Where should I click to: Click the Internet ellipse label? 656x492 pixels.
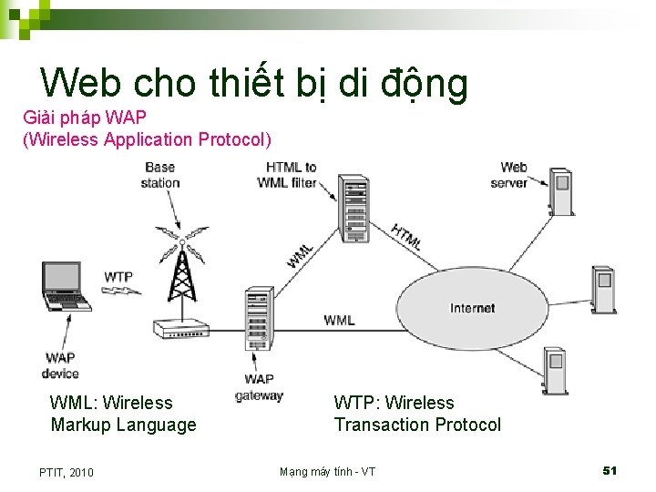tap(472, 308)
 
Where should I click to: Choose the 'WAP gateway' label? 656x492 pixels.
tap(259, 387)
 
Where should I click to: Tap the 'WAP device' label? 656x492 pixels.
tap(60, 365)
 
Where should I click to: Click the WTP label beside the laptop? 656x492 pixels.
tap(118, 276)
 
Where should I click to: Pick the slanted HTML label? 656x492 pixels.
tap(406, 237)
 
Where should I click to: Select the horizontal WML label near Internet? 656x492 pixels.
tap(339, 320)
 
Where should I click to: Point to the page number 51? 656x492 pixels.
tap(610, 470)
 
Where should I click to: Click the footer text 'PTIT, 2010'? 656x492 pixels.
tap(67, 472)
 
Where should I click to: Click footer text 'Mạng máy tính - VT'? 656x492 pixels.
tap(327, 471)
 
